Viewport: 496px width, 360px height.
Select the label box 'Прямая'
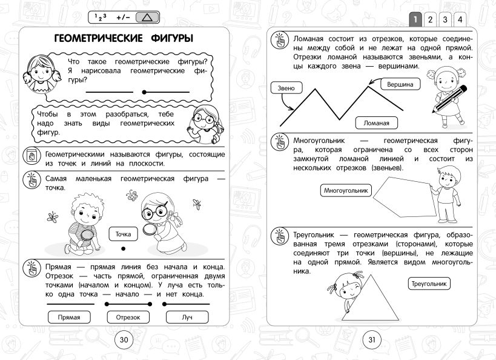(68, 317)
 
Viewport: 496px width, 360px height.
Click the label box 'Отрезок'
(128, 317)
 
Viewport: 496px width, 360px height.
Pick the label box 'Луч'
(187, 317)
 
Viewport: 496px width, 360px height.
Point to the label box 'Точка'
(123, 233)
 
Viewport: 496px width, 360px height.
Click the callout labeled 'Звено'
(286, 88)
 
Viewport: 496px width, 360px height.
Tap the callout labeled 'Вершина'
(400, 85)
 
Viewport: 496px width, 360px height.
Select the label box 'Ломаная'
(376, 123)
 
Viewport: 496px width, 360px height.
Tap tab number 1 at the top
(415, 19)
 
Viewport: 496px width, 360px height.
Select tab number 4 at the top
(460, 19)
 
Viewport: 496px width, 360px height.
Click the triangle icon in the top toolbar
(145, 18)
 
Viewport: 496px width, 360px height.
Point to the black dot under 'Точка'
(123, 248)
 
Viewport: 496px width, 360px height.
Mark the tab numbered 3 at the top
(445, 19)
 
